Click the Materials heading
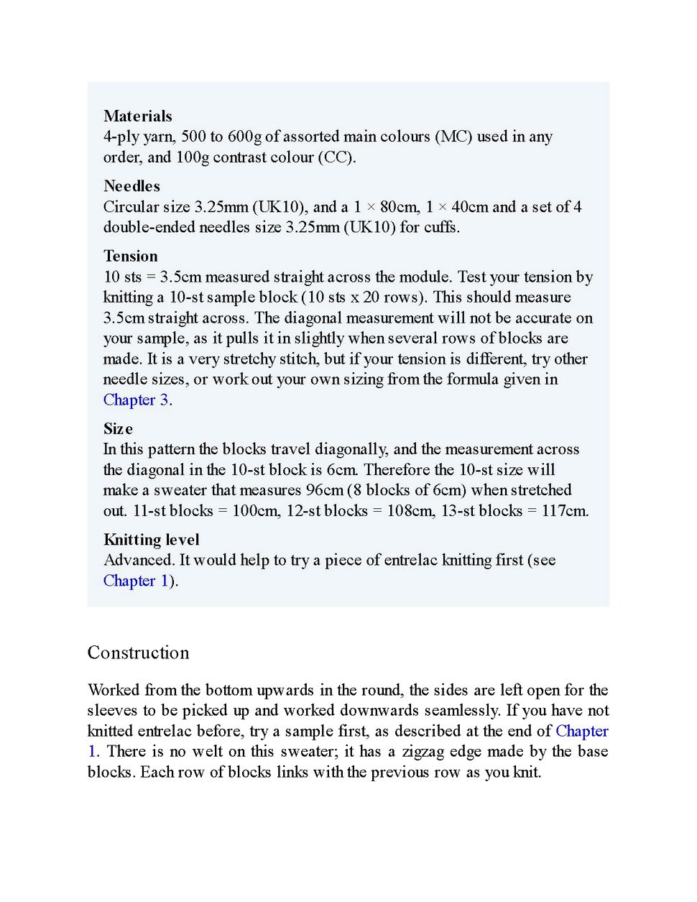point(137,116)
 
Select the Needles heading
point(131,186)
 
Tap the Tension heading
point(130,257)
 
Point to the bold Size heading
point(118,429)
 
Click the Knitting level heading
point(151,540)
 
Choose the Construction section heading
point(138,653)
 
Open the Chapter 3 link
point(136,400)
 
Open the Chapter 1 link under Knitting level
point(136,581)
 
